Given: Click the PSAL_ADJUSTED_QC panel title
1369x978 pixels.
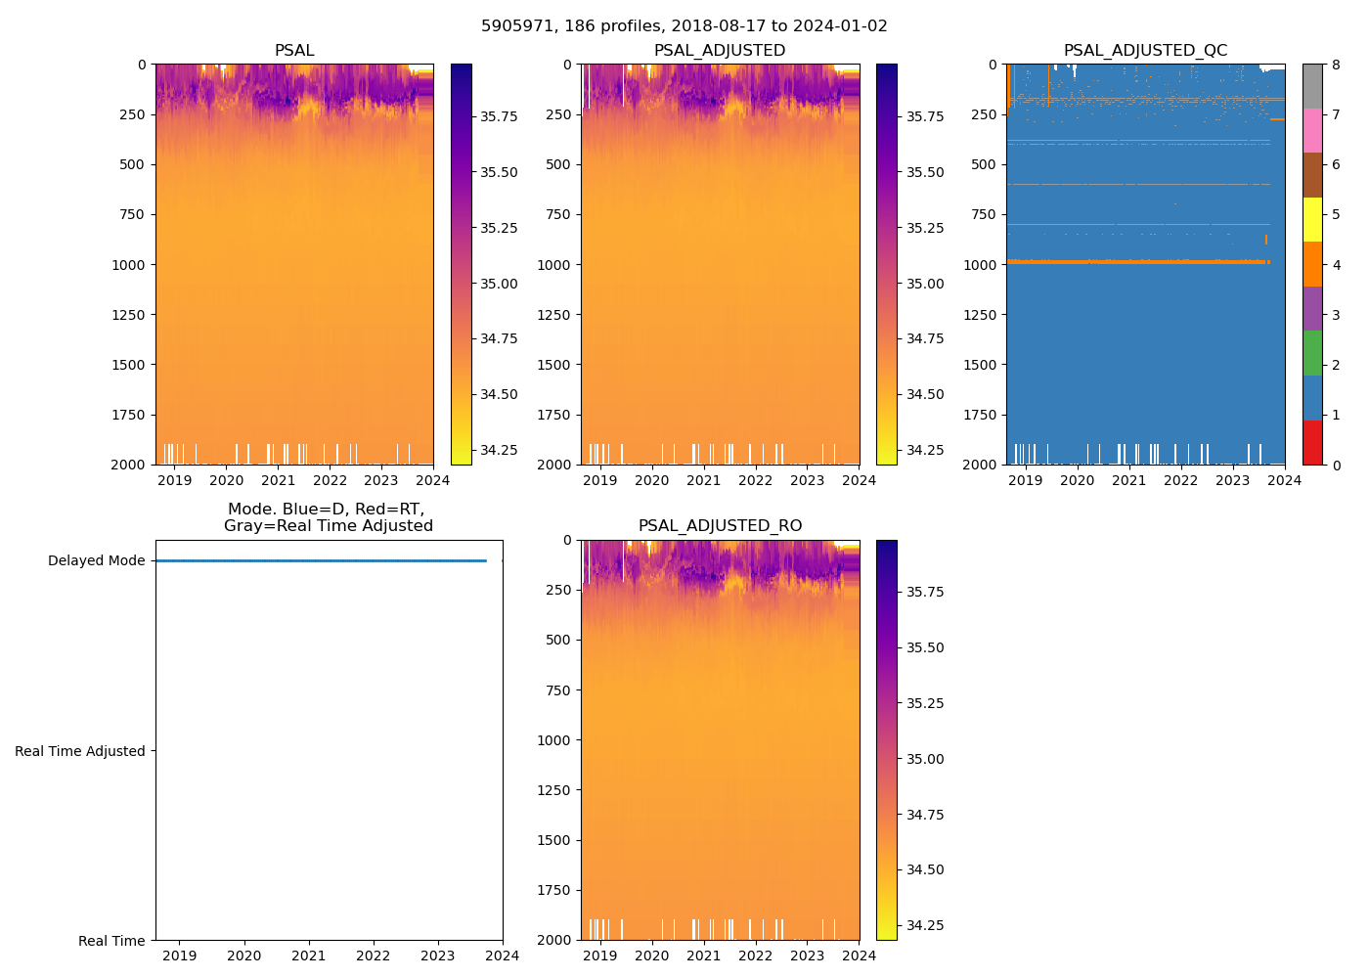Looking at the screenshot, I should pos(1145,51).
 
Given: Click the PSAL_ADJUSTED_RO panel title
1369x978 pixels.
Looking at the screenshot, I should pos(720,526).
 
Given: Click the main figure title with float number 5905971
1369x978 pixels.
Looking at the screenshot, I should pos(684,26).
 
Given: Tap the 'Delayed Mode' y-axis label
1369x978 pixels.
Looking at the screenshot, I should pos(96,561).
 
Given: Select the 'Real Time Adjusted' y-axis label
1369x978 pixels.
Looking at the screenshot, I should pos(80,751).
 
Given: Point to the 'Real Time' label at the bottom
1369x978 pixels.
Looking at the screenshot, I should pos(111,941).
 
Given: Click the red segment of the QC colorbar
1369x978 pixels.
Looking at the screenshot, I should pos(1312,442).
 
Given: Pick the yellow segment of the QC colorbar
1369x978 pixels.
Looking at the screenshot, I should pos(1312,219).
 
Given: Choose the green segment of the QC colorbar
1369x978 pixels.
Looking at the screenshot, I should pos(1312,353).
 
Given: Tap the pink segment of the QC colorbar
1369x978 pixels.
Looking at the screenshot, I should pos(1312,131).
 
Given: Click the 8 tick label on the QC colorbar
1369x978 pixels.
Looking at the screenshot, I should pos(1336,65).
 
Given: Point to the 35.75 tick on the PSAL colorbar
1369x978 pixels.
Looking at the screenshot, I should pos(499,116).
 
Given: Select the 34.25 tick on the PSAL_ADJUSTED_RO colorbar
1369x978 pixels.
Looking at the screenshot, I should pos(924,925).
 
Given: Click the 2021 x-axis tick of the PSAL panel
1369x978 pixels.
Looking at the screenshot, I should pos(278,480).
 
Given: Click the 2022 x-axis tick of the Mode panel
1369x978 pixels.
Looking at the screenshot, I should pos(373,956).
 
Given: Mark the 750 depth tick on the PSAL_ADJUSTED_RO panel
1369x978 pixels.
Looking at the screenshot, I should pos(559,690).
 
